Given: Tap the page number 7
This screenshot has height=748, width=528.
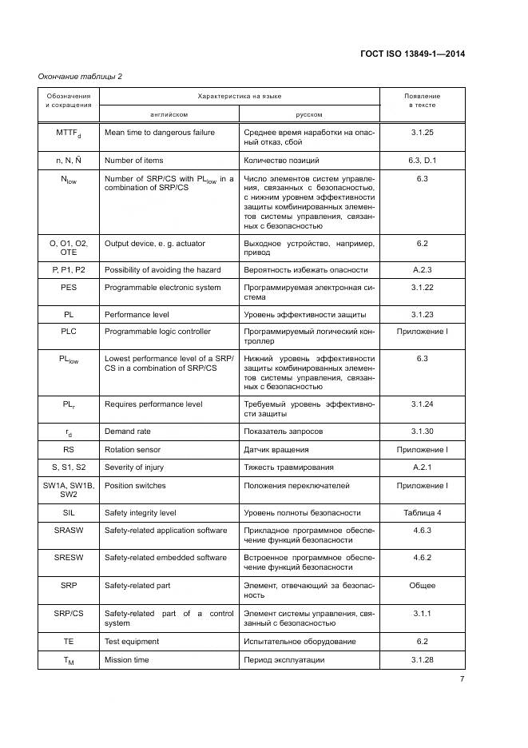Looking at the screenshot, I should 462,679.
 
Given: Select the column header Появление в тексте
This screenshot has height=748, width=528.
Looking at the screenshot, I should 422,101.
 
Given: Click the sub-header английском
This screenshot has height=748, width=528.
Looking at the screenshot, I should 170,113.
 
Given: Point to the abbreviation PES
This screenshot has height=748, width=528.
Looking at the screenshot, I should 68,285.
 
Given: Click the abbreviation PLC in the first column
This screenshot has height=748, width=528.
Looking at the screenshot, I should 68,331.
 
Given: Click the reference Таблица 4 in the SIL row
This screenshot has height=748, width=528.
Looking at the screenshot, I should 422,512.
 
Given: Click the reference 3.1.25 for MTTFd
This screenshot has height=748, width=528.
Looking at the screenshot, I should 422,132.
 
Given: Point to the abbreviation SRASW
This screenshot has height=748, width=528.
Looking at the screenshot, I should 68,530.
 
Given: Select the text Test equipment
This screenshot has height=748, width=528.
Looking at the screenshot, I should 132,641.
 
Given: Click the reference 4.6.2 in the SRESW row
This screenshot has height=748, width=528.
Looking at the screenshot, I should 422,558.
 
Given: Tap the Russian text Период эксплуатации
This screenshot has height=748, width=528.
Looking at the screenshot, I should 284,659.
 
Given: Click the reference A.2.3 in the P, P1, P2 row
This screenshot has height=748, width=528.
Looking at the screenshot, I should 422,269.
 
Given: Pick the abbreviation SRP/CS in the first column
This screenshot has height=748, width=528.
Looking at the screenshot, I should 68,614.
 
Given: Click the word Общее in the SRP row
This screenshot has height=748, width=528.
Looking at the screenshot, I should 422,586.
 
